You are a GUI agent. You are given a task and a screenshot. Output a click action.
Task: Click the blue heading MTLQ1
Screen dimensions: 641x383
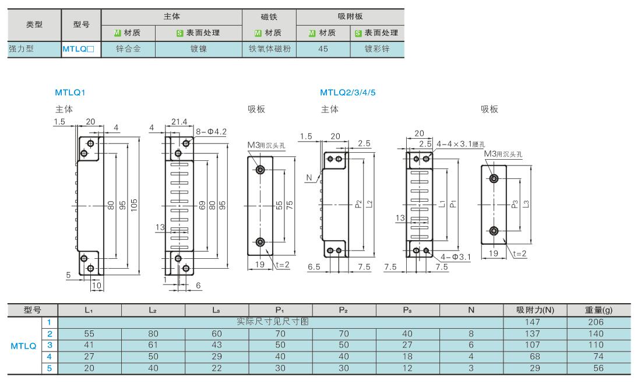[x=70, y=92]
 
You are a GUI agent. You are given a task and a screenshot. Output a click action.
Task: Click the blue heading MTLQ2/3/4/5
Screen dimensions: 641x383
[x=347, y=92]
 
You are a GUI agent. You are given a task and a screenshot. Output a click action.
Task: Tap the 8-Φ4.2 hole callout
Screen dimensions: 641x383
[x=211, y=132]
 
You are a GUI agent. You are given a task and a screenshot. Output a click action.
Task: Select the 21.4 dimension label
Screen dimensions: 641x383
[x=179, y=122]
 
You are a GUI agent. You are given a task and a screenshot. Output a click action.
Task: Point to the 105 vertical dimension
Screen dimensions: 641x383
[x=134, y=205]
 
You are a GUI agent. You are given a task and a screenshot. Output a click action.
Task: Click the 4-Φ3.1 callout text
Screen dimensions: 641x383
[x=456, y=257]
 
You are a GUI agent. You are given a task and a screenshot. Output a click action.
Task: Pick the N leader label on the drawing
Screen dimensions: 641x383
[x=309, y=177]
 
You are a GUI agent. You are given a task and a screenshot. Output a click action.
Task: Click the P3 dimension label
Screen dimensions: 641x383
[x=515, y=204]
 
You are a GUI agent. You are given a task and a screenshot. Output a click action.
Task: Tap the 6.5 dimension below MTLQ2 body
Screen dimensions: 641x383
[x=314, y=267]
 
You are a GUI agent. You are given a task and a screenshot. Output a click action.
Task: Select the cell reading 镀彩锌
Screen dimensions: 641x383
[x=377, y=49]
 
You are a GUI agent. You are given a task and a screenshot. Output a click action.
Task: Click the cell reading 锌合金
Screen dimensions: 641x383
[x=128, y=49]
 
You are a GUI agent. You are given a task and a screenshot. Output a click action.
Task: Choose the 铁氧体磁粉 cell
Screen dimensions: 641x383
[x=269, y=49]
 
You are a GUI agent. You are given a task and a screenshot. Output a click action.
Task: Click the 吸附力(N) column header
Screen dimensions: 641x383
[x=535, y=310]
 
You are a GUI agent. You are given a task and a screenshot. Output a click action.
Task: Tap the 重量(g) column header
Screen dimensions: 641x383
[x=598, y=310]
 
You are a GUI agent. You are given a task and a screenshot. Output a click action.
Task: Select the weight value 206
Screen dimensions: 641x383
[x=596, y=322]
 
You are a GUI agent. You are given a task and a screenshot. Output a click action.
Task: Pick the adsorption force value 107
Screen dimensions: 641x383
[x=532, y=345]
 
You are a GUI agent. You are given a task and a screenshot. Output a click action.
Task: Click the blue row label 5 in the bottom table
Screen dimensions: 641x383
[x=50, y=368]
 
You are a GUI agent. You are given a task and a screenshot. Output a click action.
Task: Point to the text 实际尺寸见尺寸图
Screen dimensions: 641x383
[x=273, y=322]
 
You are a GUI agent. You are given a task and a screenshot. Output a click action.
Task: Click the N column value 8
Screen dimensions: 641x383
[x=471, y=333]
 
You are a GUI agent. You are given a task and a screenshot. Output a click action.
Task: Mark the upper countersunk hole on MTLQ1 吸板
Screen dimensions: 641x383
[x=260, y=170]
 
